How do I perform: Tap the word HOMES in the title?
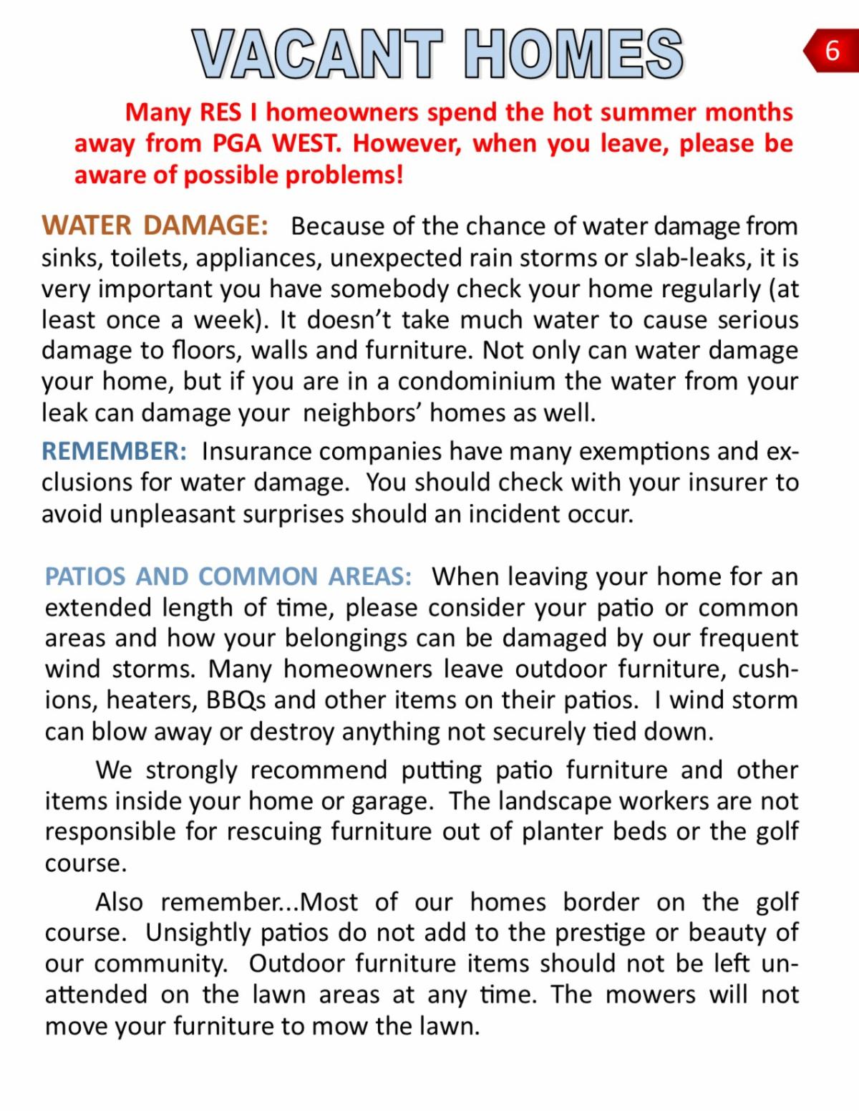tap(573, 54)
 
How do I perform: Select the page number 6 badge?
tap(832, 51)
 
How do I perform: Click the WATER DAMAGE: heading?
tap(155, 226)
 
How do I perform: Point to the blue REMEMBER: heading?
tap(115, 451)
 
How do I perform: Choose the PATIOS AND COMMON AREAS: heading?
tap(228, 576)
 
